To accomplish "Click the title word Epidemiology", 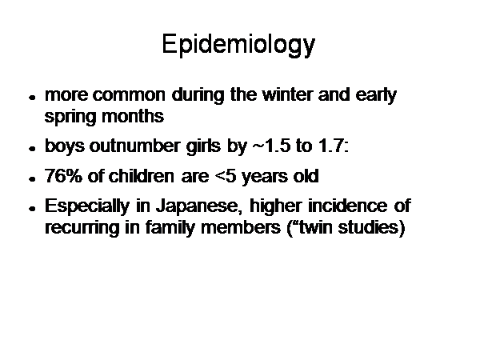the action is [x=238, y=45].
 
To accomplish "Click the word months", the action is [x=133, y=116].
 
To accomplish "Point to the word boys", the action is [x=64, y=146].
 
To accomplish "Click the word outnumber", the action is [x=134, y=146].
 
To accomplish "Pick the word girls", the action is [x=203, y=146].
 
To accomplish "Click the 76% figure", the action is [x=63, y=176].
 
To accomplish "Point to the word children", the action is [x=142, y=176].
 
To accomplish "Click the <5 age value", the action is [x=226, y=176].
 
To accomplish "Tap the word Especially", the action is [x=87, y=206].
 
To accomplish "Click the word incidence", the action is [x=347, y=206].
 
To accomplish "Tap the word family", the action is [x=170, y=228].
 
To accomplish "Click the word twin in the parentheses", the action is [x=315, y=227].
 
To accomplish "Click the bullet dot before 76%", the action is [x=32, y=179].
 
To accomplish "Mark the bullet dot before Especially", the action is [x=32, y=209].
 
